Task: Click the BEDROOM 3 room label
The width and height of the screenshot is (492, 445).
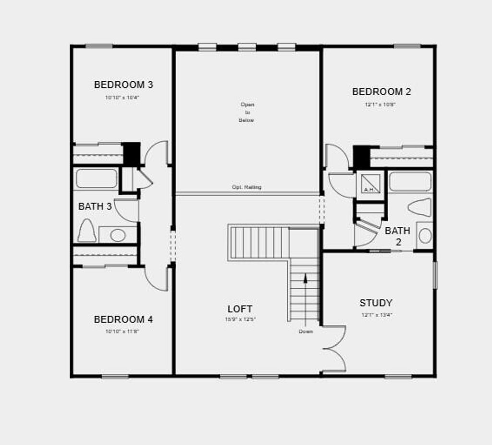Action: (123, 85)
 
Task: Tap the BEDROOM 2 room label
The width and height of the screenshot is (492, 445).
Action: (381, 92)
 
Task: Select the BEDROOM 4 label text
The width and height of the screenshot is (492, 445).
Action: (123, 320)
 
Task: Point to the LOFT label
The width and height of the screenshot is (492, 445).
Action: (240, 309)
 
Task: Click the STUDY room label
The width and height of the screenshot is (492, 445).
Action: (376, 303)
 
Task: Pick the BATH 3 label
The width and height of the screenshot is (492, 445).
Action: (95, 207)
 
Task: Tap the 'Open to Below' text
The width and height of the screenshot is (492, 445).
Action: (247, 112)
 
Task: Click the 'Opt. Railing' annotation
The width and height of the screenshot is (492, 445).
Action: (247, 187)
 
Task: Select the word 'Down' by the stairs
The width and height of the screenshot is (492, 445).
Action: (306, 332)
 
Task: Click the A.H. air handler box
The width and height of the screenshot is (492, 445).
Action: (370, 184)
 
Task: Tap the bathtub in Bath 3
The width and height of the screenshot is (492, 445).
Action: (97, 178)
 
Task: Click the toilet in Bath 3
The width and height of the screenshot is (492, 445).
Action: (87, 231)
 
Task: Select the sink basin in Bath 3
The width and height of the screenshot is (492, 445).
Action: (118, 235)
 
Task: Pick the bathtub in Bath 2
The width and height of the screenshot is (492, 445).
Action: (410, 182)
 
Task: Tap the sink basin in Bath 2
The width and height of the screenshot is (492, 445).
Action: (425, 235)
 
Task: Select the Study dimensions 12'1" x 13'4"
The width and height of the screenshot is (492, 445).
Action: (377, 315)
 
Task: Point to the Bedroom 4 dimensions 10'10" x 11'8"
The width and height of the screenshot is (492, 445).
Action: (122, 331)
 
